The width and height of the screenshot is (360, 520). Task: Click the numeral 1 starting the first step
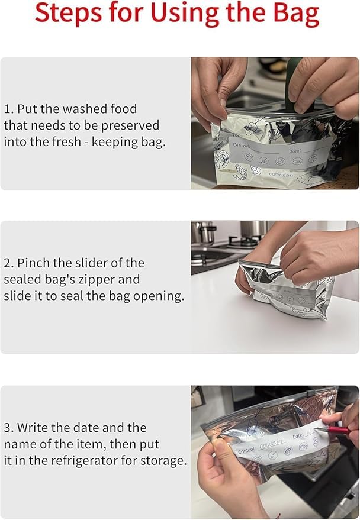pyautogui.click(x=7, y=109)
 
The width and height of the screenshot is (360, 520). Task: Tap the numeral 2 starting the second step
pyautogui.click(x=8, y=263)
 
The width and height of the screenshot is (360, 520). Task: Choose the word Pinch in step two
pyautogui.click(x=33, y=263)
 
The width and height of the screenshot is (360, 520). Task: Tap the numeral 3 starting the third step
pyautogui.click(x=8, y=428)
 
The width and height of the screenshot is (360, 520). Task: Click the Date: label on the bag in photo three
pyautogui.click(x=298, y=435)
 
